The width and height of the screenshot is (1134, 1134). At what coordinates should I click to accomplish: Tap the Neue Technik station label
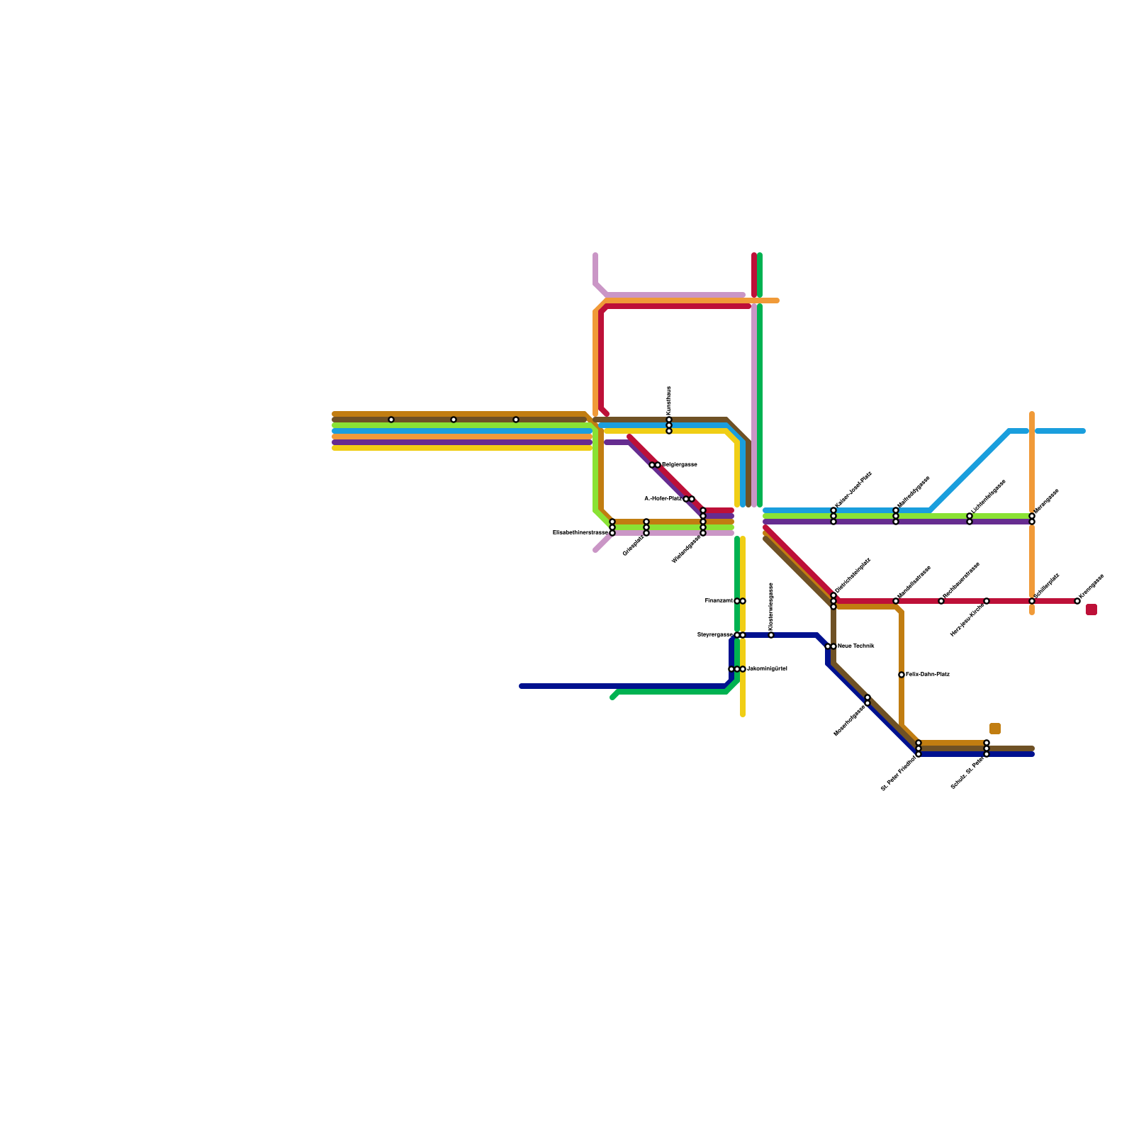click(855, 646)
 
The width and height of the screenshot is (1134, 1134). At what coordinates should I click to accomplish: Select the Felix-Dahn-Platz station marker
click(902, 675)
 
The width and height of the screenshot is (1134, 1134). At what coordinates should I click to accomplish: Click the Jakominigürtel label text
click(767, 669)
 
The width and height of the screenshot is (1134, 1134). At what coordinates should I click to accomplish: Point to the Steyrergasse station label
click(714, 635)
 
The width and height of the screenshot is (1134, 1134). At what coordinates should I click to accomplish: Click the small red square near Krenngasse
click(1091, 610)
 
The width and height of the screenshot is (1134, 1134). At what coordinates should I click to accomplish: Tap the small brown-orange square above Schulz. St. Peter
click(995, 729)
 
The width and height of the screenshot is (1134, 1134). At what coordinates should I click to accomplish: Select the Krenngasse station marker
click(1077, 601)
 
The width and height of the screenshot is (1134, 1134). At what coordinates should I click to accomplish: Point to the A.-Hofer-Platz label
click(663, 499)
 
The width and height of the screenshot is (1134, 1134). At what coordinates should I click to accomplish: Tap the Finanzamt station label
click(719, 601)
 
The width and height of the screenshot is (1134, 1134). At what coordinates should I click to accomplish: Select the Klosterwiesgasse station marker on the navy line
click(771, 635)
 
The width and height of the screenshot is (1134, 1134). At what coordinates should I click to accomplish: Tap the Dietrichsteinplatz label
click(853, 576)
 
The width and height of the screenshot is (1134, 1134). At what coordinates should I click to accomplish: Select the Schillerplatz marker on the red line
click(1032, 601)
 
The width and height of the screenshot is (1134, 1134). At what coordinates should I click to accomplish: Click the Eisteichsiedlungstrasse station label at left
click(580, 532)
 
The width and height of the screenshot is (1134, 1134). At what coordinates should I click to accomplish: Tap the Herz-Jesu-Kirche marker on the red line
click(987, 601)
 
